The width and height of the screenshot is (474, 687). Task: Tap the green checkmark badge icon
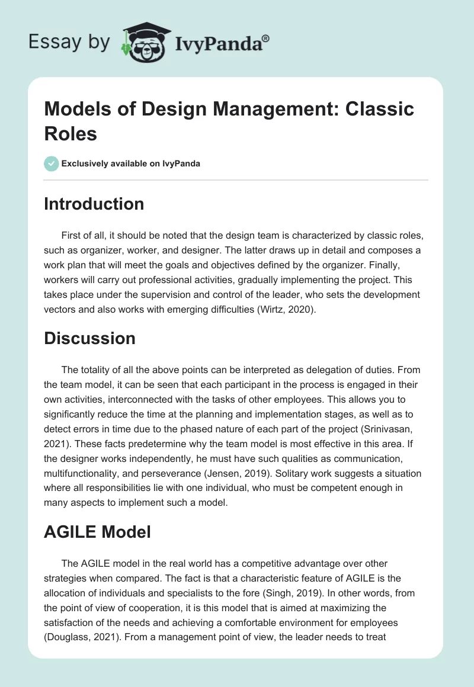coord(52,163)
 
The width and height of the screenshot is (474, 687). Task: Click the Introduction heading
coord(94,204)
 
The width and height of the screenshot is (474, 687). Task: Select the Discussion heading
coord(90,338)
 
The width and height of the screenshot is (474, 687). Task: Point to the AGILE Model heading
coord(98,531)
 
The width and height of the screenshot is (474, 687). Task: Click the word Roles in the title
coord(71,133)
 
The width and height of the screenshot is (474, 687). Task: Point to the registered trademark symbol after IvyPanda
coord(266,37)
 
